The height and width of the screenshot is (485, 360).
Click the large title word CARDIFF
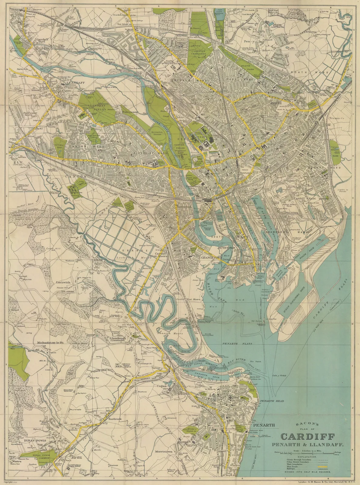pos(308,436)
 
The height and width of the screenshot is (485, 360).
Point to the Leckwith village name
pos(63,282)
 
